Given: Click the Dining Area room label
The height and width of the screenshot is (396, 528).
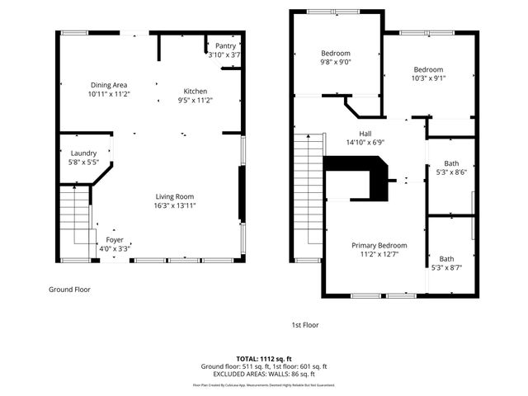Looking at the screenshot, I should click(x=109, y=85).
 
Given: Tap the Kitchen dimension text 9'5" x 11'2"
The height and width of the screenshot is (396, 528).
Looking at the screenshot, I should click(x=196, y=101).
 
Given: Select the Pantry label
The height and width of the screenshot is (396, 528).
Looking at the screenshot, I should click(x=224, y=45).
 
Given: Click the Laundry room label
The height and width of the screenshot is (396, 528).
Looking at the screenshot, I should click(x=83, y=153).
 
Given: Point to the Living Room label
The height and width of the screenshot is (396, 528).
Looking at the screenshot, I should click(x=175, y=196).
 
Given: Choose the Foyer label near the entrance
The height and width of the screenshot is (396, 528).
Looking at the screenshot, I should click(x=115, y=239).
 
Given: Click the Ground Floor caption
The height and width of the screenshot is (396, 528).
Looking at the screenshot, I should click(x=69, y=290).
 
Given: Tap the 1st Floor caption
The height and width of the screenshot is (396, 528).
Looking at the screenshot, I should click(x=304, y=325).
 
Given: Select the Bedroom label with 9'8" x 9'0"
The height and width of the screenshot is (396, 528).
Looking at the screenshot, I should click(x=336, y=53).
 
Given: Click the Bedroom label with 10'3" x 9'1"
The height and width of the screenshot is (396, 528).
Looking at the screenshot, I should click(x=428, y=69).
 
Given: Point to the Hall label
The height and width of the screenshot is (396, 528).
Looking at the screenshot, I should click(x=365, y=132).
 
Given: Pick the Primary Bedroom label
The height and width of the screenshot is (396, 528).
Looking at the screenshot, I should click(x=379, y=245).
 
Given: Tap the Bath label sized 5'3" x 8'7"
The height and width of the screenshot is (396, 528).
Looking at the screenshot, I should click(x=446, y=258).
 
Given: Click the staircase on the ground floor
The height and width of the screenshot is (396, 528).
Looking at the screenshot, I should click(x=73, y=216).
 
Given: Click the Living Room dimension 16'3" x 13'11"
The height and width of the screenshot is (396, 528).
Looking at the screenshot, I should click(x=175, y=205).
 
